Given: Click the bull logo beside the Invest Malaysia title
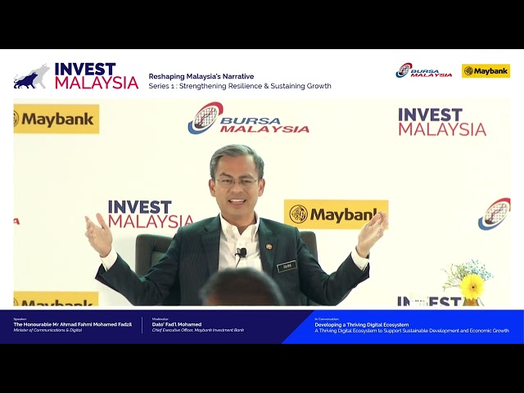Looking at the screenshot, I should click(31, 76).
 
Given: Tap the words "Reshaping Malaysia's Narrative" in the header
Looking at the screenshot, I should click(201, 76).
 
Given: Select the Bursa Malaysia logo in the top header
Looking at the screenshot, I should click(423, 71).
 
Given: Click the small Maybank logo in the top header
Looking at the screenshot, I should click(486, 71).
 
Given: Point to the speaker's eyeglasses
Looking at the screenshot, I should click(237, 182).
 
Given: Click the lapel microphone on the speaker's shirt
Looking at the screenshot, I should click(242, 254).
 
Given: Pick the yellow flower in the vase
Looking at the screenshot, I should click(472, 287).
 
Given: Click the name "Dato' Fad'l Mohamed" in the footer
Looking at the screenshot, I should click(177, 324).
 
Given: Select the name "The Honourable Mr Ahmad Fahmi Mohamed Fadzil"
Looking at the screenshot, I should click(72, 324).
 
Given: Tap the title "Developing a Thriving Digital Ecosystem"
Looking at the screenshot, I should click(362, 324).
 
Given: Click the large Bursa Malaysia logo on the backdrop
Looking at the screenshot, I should click(249, 120).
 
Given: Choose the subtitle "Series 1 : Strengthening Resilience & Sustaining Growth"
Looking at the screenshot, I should click(240, 86).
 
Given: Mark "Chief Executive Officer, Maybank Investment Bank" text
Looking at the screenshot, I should click(198, 331).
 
